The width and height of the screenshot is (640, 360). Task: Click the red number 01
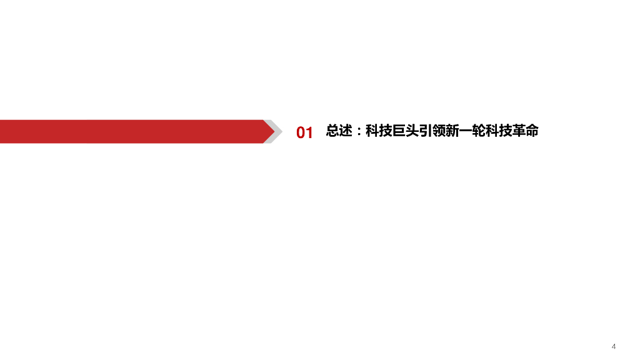pos(304,132)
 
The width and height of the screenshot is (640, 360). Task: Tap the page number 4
pos(614,346)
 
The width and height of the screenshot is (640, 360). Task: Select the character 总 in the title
pos(332,131)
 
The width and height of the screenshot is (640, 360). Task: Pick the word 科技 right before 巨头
pos(379,131)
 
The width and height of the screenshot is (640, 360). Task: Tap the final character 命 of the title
pos(532,131)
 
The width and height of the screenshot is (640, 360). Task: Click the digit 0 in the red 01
pos(301,132)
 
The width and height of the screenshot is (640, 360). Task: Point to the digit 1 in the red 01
pos(309,132)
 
